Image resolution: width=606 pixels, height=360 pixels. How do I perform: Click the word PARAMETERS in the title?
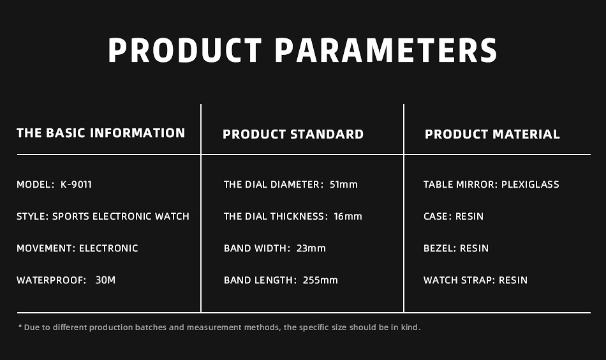(386, 50)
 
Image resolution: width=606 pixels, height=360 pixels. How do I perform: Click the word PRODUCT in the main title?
(185, 50)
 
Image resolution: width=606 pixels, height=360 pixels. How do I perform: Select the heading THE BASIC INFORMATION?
(101, 133)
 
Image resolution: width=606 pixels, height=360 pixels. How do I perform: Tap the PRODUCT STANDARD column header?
(293, 134)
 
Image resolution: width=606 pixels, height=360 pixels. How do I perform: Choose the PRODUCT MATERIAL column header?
(492, 134)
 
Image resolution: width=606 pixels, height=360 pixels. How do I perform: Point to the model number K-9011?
(76, 184)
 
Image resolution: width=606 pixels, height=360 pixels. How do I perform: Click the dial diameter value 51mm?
(344, 184)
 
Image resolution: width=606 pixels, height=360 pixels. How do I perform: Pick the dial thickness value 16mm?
(348, 216)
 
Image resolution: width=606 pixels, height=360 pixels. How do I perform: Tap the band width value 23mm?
(311, 248)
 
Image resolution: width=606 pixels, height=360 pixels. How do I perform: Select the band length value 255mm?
(320, 280)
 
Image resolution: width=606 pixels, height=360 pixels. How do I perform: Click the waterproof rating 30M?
(105, 280)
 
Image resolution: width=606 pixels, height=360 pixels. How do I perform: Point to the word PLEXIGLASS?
(530, 184)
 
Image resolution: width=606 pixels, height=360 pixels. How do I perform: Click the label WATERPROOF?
(50, 280)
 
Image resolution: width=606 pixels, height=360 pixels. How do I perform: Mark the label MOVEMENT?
(45, 248)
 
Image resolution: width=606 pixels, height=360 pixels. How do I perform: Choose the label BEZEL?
(439, 248)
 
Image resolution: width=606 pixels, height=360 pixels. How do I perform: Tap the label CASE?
(436, 216)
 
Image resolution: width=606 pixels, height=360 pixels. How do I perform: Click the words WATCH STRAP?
(459, 280)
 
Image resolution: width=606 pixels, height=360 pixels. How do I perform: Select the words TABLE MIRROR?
(459, 184)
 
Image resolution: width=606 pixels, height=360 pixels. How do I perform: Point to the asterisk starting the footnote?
(20, 327)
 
